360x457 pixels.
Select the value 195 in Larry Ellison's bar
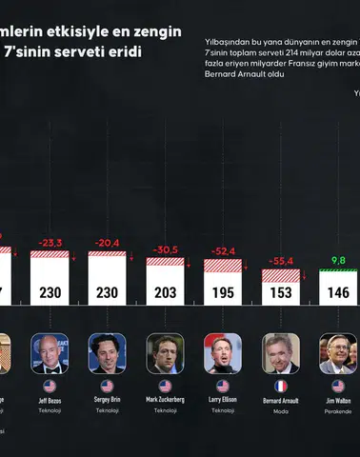point(222,294)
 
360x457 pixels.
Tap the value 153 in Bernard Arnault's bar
point(280,294)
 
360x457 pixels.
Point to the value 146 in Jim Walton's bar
point(338,294)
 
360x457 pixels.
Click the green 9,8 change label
point(338,260)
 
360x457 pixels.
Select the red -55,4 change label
point(280,260)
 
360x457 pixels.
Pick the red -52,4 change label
point(223,250)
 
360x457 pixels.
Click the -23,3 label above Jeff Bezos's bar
point(49,243)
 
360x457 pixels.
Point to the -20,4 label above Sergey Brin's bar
point(107,243)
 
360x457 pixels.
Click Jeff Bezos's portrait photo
point(49,352)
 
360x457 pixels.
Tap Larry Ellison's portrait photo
point(222,352)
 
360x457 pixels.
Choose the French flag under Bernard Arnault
point(280,387)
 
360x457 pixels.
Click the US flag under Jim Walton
point(338,387)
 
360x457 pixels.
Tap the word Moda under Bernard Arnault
point(280,411)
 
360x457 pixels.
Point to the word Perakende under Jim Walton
point(338,411)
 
